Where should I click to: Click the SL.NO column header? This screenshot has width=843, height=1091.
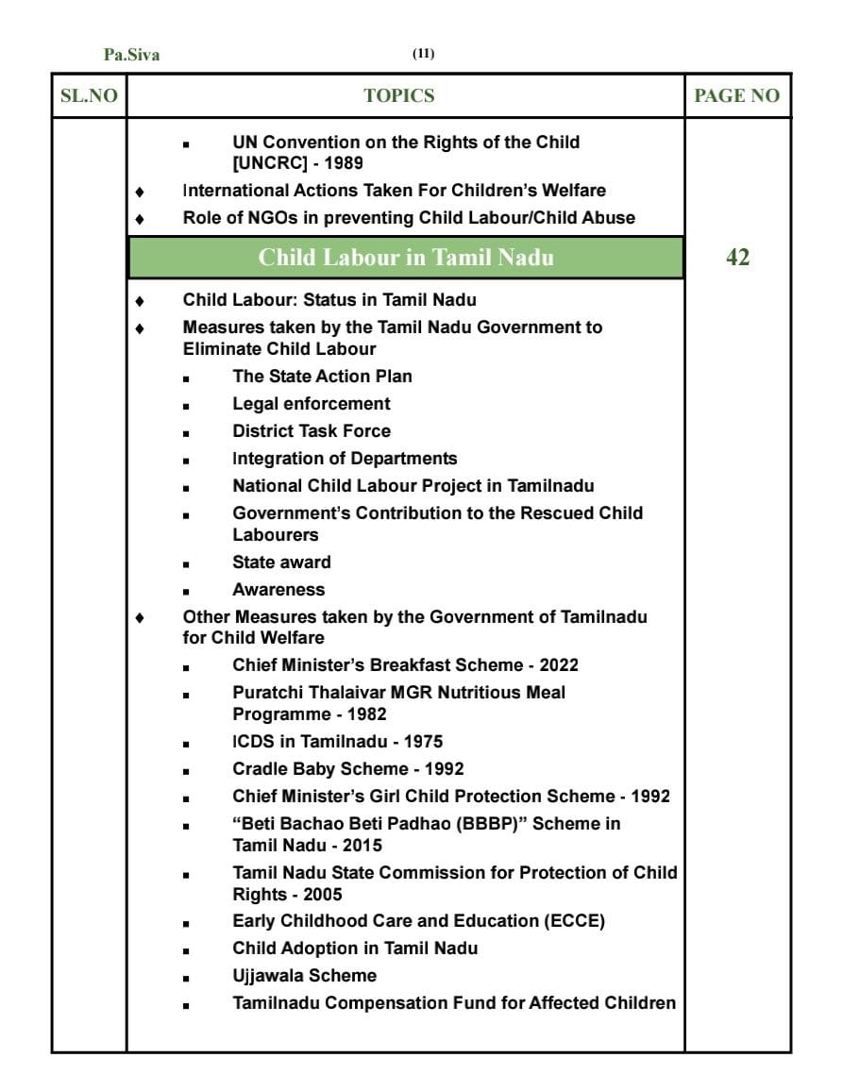(89, 95)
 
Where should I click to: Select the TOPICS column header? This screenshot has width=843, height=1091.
(399, 95)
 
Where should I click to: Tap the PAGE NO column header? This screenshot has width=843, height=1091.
(737, 95)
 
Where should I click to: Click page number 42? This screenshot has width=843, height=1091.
(737, 258)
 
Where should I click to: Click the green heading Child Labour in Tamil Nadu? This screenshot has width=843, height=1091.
(406, 258)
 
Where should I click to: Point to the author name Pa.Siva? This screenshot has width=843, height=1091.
(131, 55)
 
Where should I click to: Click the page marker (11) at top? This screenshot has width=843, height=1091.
(423, 54)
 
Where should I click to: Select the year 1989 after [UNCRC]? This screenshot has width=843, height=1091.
(343, 162)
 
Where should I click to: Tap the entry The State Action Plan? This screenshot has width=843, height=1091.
(322, 376)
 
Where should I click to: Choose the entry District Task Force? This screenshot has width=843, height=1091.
(312, 430)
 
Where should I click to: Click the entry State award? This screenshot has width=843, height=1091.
(281, 562)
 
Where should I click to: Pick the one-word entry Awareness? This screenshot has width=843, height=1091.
(278, 589)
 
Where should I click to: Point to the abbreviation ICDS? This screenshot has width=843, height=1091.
(254, 741)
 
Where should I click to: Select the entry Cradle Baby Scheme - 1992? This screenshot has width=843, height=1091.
(348, 768)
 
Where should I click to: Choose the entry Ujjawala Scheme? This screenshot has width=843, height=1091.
(304, 975)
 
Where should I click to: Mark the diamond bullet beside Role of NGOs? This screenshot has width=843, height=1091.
(140, 218)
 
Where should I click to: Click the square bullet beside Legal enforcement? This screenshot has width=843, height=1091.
(186, 405)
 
